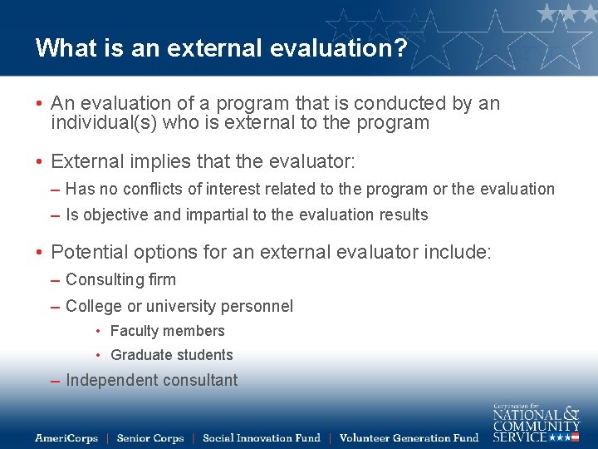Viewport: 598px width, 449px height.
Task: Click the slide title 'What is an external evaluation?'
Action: click(x=221, y=47)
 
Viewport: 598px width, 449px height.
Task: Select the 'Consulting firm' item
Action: click(x=120, y=280)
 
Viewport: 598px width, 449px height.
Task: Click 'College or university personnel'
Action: click(x=179, y=306)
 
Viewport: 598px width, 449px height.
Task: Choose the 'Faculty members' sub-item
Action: click(x=167, y=331)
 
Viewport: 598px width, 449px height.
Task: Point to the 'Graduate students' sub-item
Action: click(x=171, y=355)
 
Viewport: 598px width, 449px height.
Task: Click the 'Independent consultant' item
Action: click(x=151, y=381)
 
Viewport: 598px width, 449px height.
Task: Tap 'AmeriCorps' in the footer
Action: click(x=66, y=437)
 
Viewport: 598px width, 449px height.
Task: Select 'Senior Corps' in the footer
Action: click(x=149, y=437)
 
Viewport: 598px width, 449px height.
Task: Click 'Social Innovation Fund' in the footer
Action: click(x=261, y=437)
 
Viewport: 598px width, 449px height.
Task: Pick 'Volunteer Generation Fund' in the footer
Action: click(x=409, y=437)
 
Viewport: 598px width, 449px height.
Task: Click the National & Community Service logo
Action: click(x=536, y=423)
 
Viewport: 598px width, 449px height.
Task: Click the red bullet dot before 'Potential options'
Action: click(x=39, y=252)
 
